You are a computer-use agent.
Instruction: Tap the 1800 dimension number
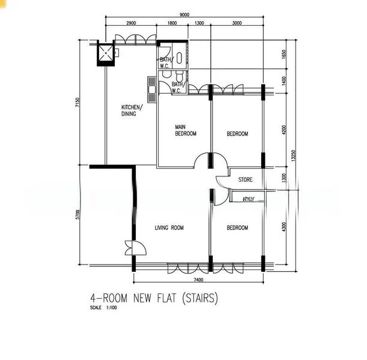[172, 23]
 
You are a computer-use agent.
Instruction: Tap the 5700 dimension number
[77, 215]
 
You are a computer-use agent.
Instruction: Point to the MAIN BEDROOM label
[186, 130]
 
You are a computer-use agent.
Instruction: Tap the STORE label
[245, 179]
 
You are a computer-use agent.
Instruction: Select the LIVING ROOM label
[169, 228]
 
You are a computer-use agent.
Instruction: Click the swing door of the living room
[132, 248]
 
